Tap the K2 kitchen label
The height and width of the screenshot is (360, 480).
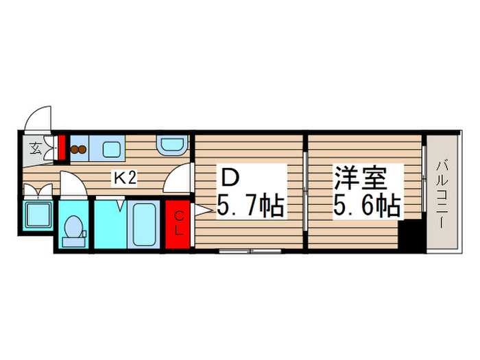[125, 179]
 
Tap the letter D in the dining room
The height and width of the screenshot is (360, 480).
[229, 178]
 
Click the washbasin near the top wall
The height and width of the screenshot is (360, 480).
[169, 146]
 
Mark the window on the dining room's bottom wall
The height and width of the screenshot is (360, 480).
[250, 251]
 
